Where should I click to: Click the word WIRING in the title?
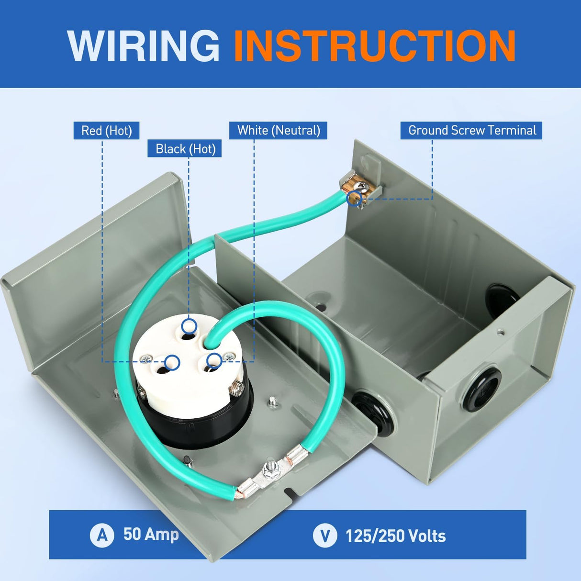(143, 46)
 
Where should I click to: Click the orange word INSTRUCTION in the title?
(375, 46)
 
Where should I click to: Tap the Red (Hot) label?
(106, 131)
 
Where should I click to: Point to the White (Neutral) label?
(278, 130)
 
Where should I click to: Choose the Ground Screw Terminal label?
(472, 130)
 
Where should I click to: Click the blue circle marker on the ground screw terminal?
(354, 198)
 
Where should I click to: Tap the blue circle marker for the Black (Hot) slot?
(190, 326)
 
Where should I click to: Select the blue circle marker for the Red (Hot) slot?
(172, 362)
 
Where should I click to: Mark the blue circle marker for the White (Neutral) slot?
(214, 360)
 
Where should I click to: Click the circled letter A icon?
(102, 535)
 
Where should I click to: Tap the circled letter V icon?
(325, 535)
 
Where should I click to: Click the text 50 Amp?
(151, 534)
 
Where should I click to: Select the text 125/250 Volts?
(396, 536)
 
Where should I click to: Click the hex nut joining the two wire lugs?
(268, 472)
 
